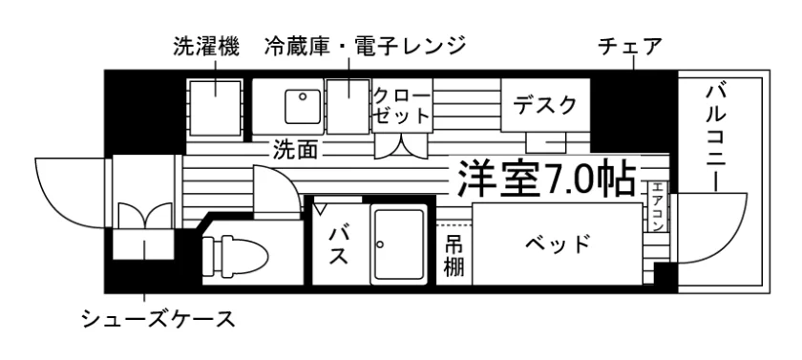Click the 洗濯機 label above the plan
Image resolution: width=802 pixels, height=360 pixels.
(205, 47)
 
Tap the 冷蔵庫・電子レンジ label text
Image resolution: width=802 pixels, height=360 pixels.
(366, 46)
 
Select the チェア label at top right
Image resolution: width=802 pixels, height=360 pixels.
(630, 47)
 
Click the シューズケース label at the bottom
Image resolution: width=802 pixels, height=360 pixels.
(159, 320)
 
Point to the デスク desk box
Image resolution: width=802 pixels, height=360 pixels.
(545, 105)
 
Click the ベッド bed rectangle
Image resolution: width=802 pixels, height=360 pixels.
(557, 244)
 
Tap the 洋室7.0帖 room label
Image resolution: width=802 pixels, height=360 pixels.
(546, 179)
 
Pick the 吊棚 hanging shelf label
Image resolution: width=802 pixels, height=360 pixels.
(454, 256)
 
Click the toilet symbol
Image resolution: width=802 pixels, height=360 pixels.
(235, 252)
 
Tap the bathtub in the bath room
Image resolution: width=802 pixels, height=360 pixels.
(399, 245)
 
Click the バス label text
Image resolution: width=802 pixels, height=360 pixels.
(338, 245)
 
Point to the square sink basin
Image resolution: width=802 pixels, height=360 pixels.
(304, 106)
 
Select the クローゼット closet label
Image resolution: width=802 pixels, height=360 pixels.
(402, 106)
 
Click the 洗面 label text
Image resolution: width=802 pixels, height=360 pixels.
(295, 149)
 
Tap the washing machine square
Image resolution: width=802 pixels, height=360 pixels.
(215, 107)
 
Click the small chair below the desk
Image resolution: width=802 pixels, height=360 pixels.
(546, 142)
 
